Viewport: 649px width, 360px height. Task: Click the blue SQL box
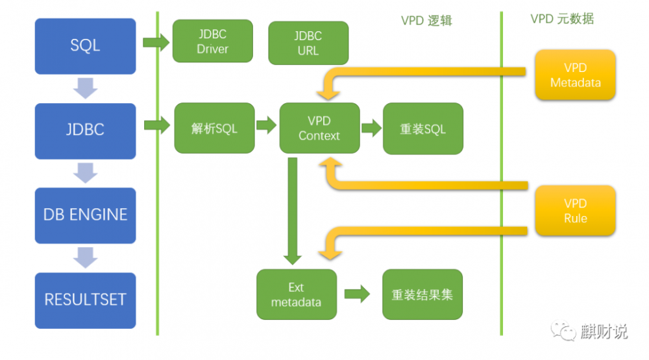(85, 46)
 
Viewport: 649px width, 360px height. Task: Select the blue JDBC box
(85, 130)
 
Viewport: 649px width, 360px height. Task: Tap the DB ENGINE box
(85, 215)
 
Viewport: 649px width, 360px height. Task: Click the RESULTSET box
(85, 300)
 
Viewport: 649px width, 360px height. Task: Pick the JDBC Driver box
(212, 42)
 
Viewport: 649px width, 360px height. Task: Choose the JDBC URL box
(308, 43)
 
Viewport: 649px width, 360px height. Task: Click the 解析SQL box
(214, 128)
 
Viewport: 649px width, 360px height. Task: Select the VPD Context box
(319, 128)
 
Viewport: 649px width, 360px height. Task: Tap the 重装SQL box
(422, 128)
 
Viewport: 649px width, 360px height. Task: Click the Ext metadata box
(296, 294)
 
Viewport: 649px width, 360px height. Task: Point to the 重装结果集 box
(422, 294)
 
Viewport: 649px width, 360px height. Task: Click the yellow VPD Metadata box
(575, 75)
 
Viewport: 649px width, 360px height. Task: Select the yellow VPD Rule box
(575, 211)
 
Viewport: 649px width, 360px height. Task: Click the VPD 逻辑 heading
(426, 20)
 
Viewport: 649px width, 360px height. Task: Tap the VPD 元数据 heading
(562, 19)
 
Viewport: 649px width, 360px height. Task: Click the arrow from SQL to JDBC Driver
(155, 43)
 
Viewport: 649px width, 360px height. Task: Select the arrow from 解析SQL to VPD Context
(266, 126)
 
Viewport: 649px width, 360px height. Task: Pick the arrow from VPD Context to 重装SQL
(371, 127)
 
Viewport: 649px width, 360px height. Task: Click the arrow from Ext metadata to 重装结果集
(357, 294)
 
